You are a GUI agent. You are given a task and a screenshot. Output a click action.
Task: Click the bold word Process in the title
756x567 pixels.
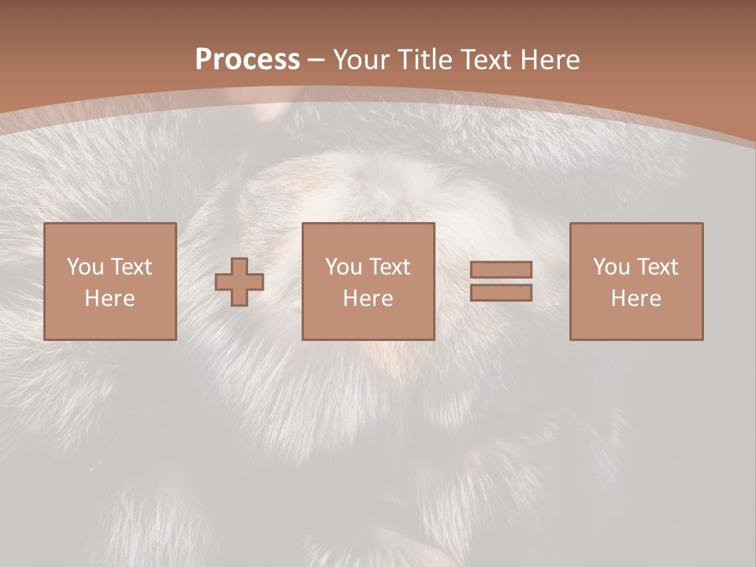247,59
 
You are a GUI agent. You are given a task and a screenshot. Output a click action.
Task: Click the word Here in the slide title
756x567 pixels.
551,59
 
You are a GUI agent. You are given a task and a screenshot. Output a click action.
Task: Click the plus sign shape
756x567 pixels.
239,282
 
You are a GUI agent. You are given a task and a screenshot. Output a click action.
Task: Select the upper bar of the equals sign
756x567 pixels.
501,270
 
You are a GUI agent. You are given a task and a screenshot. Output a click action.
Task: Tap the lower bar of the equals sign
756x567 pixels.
501,292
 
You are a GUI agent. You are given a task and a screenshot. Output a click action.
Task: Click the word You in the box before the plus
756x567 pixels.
85,267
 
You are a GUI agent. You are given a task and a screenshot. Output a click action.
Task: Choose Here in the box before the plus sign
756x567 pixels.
109,298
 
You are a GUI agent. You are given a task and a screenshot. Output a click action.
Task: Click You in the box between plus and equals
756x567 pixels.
343,267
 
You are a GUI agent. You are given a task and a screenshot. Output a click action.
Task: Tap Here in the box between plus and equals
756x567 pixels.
368,298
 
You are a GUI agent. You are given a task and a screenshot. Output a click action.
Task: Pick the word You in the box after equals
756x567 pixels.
611,267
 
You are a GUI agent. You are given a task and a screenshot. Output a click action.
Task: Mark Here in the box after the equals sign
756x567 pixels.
636,298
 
